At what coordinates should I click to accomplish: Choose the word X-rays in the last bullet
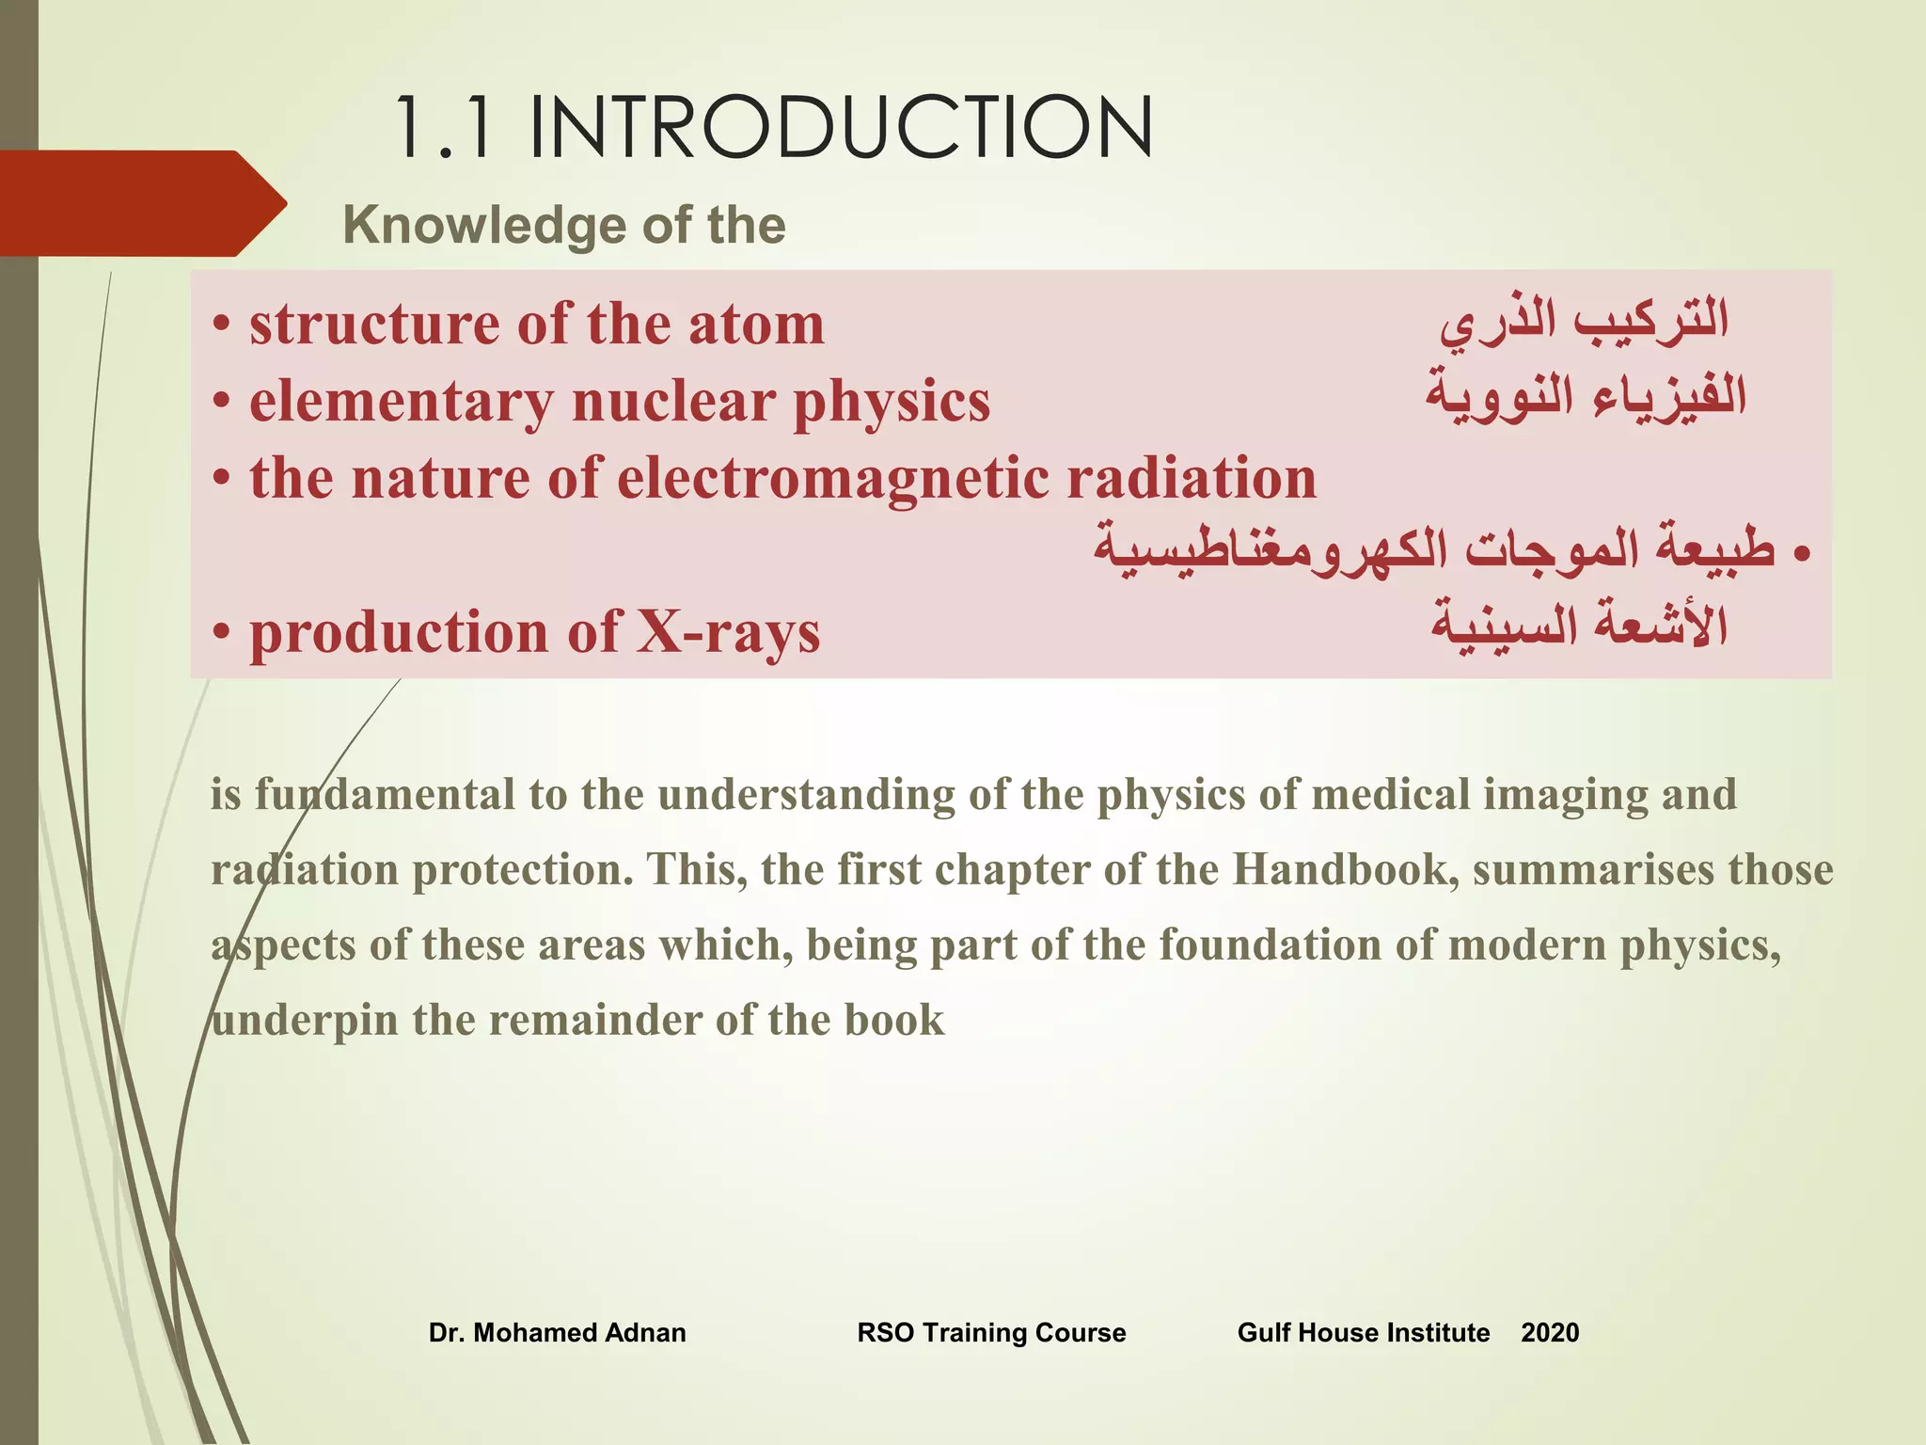point(728,631)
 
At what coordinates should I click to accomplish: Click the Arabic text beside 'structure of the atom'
point(1585,320)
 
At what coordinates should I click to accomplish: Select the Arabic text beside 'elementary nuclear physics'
point(1586,395)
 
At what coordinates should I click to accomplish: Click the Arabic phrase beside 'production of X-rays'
point(1579,626)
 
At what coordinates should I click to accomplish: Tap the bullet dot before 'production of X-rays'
point(221,632)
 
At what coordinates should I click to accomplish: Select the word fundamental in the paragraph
point(362,794)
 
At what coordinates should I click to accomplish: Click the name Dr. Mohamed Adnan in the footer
point(557,1332)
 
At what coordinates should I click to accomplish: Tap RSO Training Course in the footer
point(991,1332)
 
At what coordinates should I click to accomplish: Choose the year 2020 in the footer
point(1550,1332)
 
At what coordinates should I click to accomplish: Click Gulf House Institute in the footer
point(1363,1332)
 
